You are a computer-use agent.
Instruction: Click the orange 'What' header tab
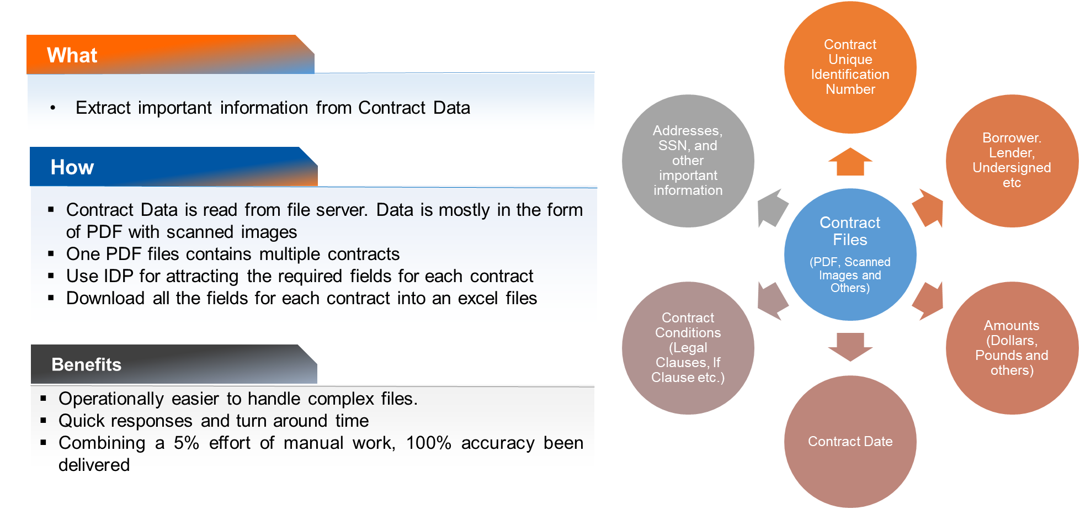166,55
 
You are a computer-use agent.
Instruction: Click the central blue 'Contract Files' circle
850,254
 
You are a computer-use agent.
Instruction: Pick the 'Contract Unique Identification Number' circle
850,67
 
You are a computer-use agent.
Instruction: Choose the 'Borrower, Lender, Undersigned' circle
1012,160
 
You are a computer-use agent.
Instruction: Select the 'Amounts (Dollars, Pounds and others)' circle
1012,348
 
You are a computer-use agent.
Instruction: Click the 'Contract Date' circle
850,442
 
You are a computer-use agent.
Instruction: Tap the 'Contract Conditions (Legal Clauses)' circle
688,348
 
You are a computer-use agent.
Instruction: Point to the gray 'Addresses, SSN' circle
688,160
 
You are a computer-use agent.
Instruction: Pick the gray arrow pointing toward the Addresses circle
773,208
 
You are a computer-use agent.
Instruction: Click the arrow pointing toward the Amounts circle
928,301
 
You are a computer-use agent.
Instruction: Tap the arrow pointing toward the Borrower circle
928,208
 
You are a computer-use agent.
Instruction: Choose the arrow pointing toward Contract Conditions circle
773,301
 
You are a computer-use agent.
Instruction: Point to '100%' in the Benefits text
428,443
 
